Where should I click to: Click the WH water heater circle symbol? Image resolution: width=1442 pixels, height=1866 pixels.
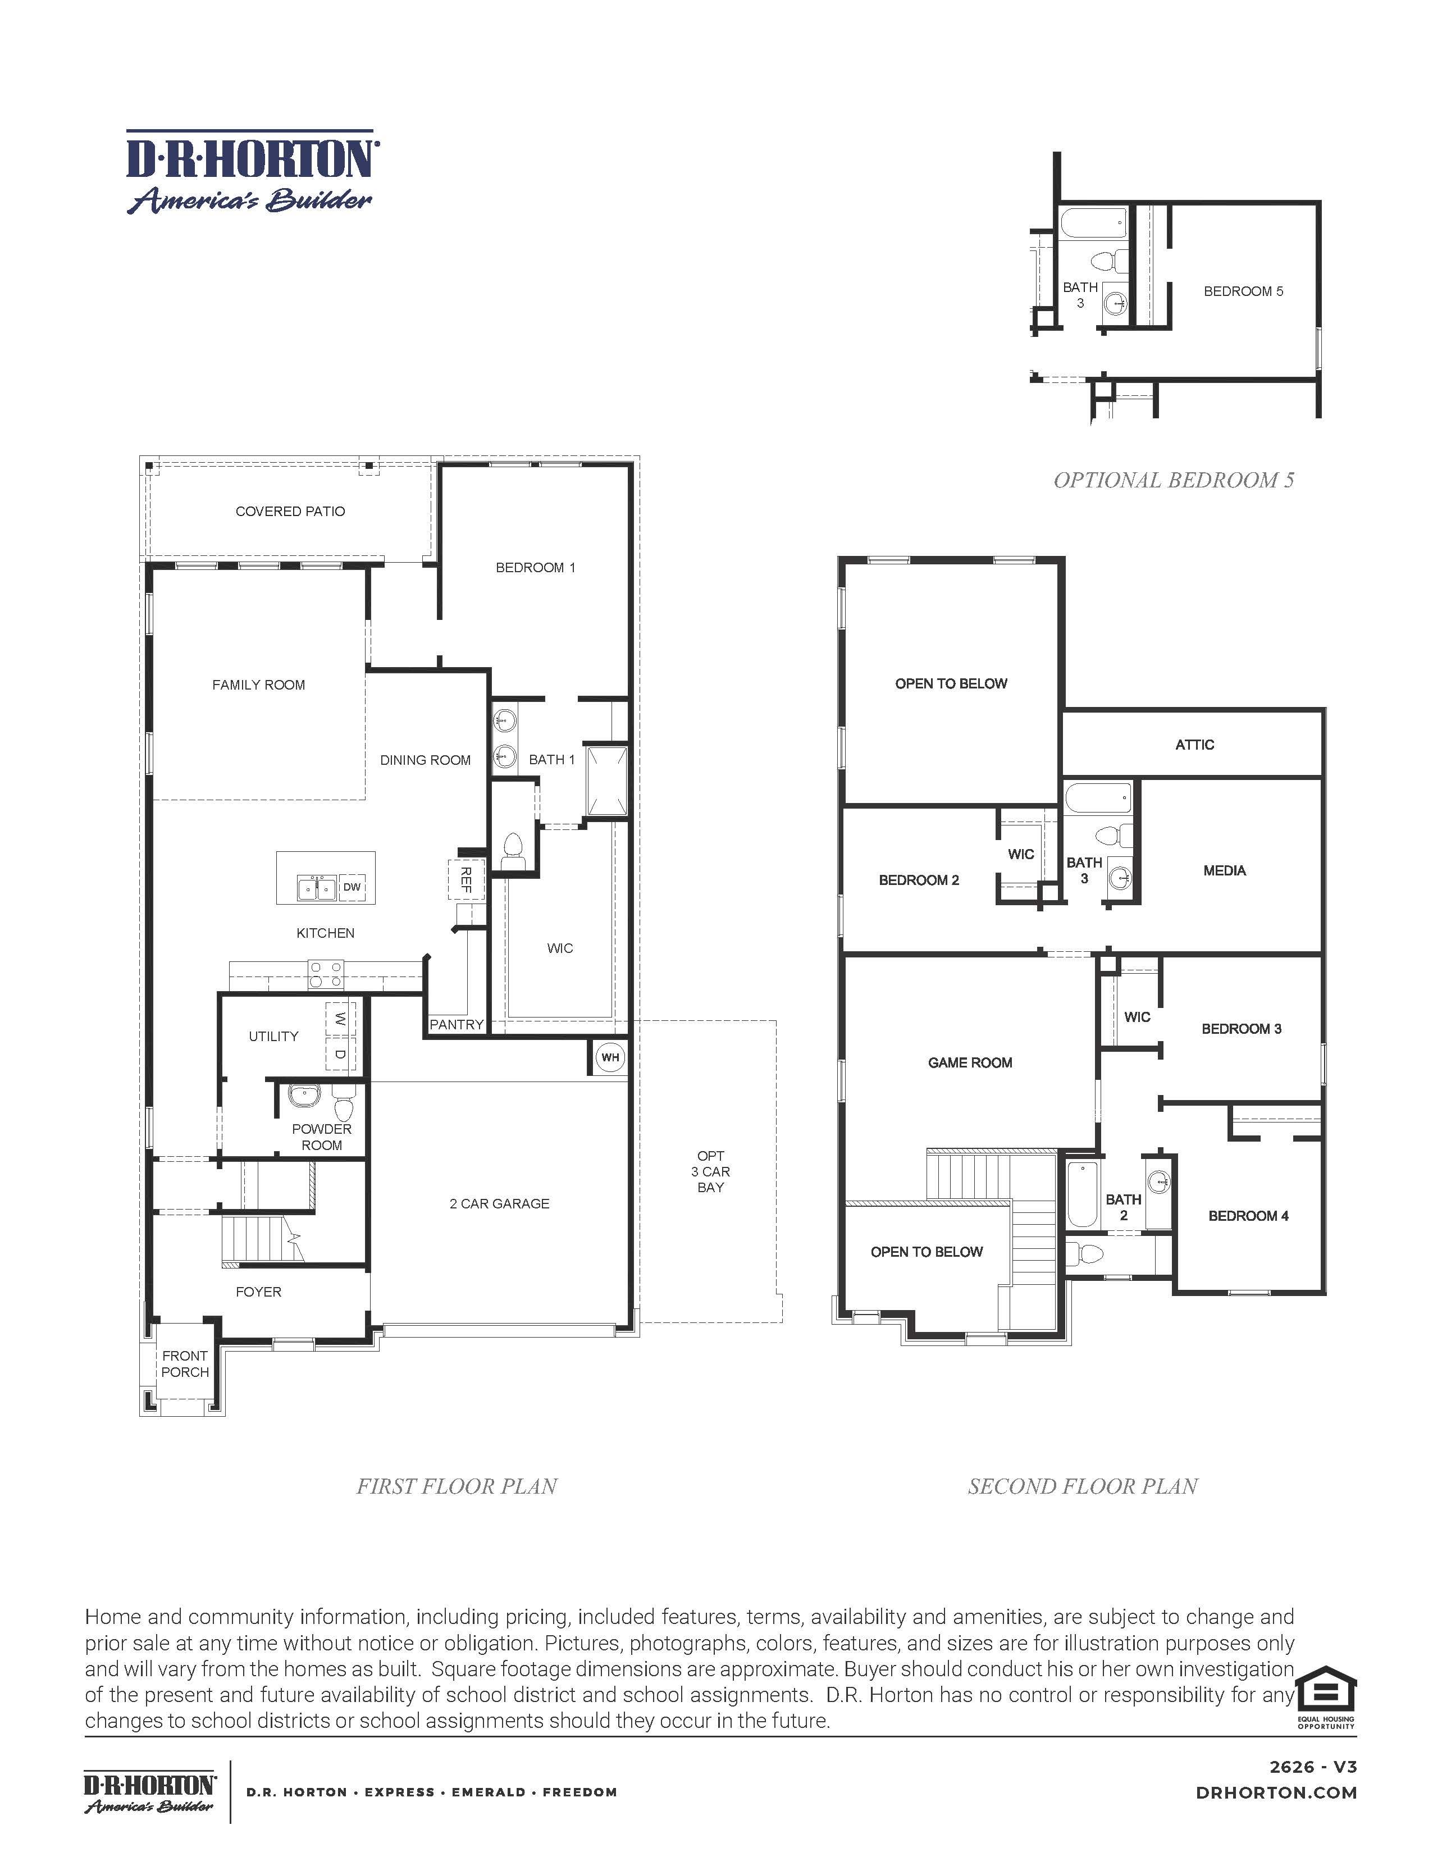610,1057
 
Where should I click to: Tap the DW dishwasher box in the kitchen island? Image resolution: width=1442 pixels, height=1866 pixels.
352,887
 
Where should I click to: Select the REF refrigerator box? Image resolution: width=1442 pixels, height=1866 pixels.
466,879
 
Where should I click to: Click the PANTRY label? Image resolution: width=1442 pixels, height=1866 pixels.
456,1024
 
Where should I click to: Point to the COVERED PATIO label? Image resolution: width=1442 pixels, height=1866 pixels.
290,511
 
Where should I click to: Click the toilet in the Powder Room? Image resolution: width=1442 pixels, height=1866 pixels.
344,1106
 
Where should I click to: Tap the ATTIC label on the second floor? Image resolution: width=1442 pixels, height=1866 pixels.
1194,744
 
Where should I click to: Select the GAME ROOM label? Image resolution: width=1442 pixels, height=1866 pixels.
970,1062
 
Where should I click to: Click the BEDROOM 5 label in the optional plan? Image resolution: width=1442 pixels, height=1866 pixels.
1243,291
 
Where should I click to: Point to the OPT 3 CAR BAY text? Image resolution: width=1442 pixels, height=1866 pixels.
711,1171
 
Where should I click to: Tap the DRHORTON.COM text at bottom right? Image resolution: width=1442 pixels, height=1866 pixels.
1276,1794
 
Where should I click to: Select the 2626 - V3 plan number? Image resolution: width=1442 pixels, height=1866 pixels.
1313,1767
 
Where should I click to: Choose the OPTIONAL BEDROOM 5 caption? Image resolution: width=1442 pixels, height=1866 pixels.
1174,480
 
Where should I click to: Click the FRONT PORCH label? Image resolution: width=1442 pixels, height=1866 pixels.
185,1363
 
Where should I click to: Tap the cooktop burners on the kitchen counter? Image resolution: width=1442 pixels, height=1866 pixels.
326,975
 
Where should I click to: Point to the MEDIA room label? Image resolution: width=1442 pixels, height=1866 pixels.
1224,870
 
